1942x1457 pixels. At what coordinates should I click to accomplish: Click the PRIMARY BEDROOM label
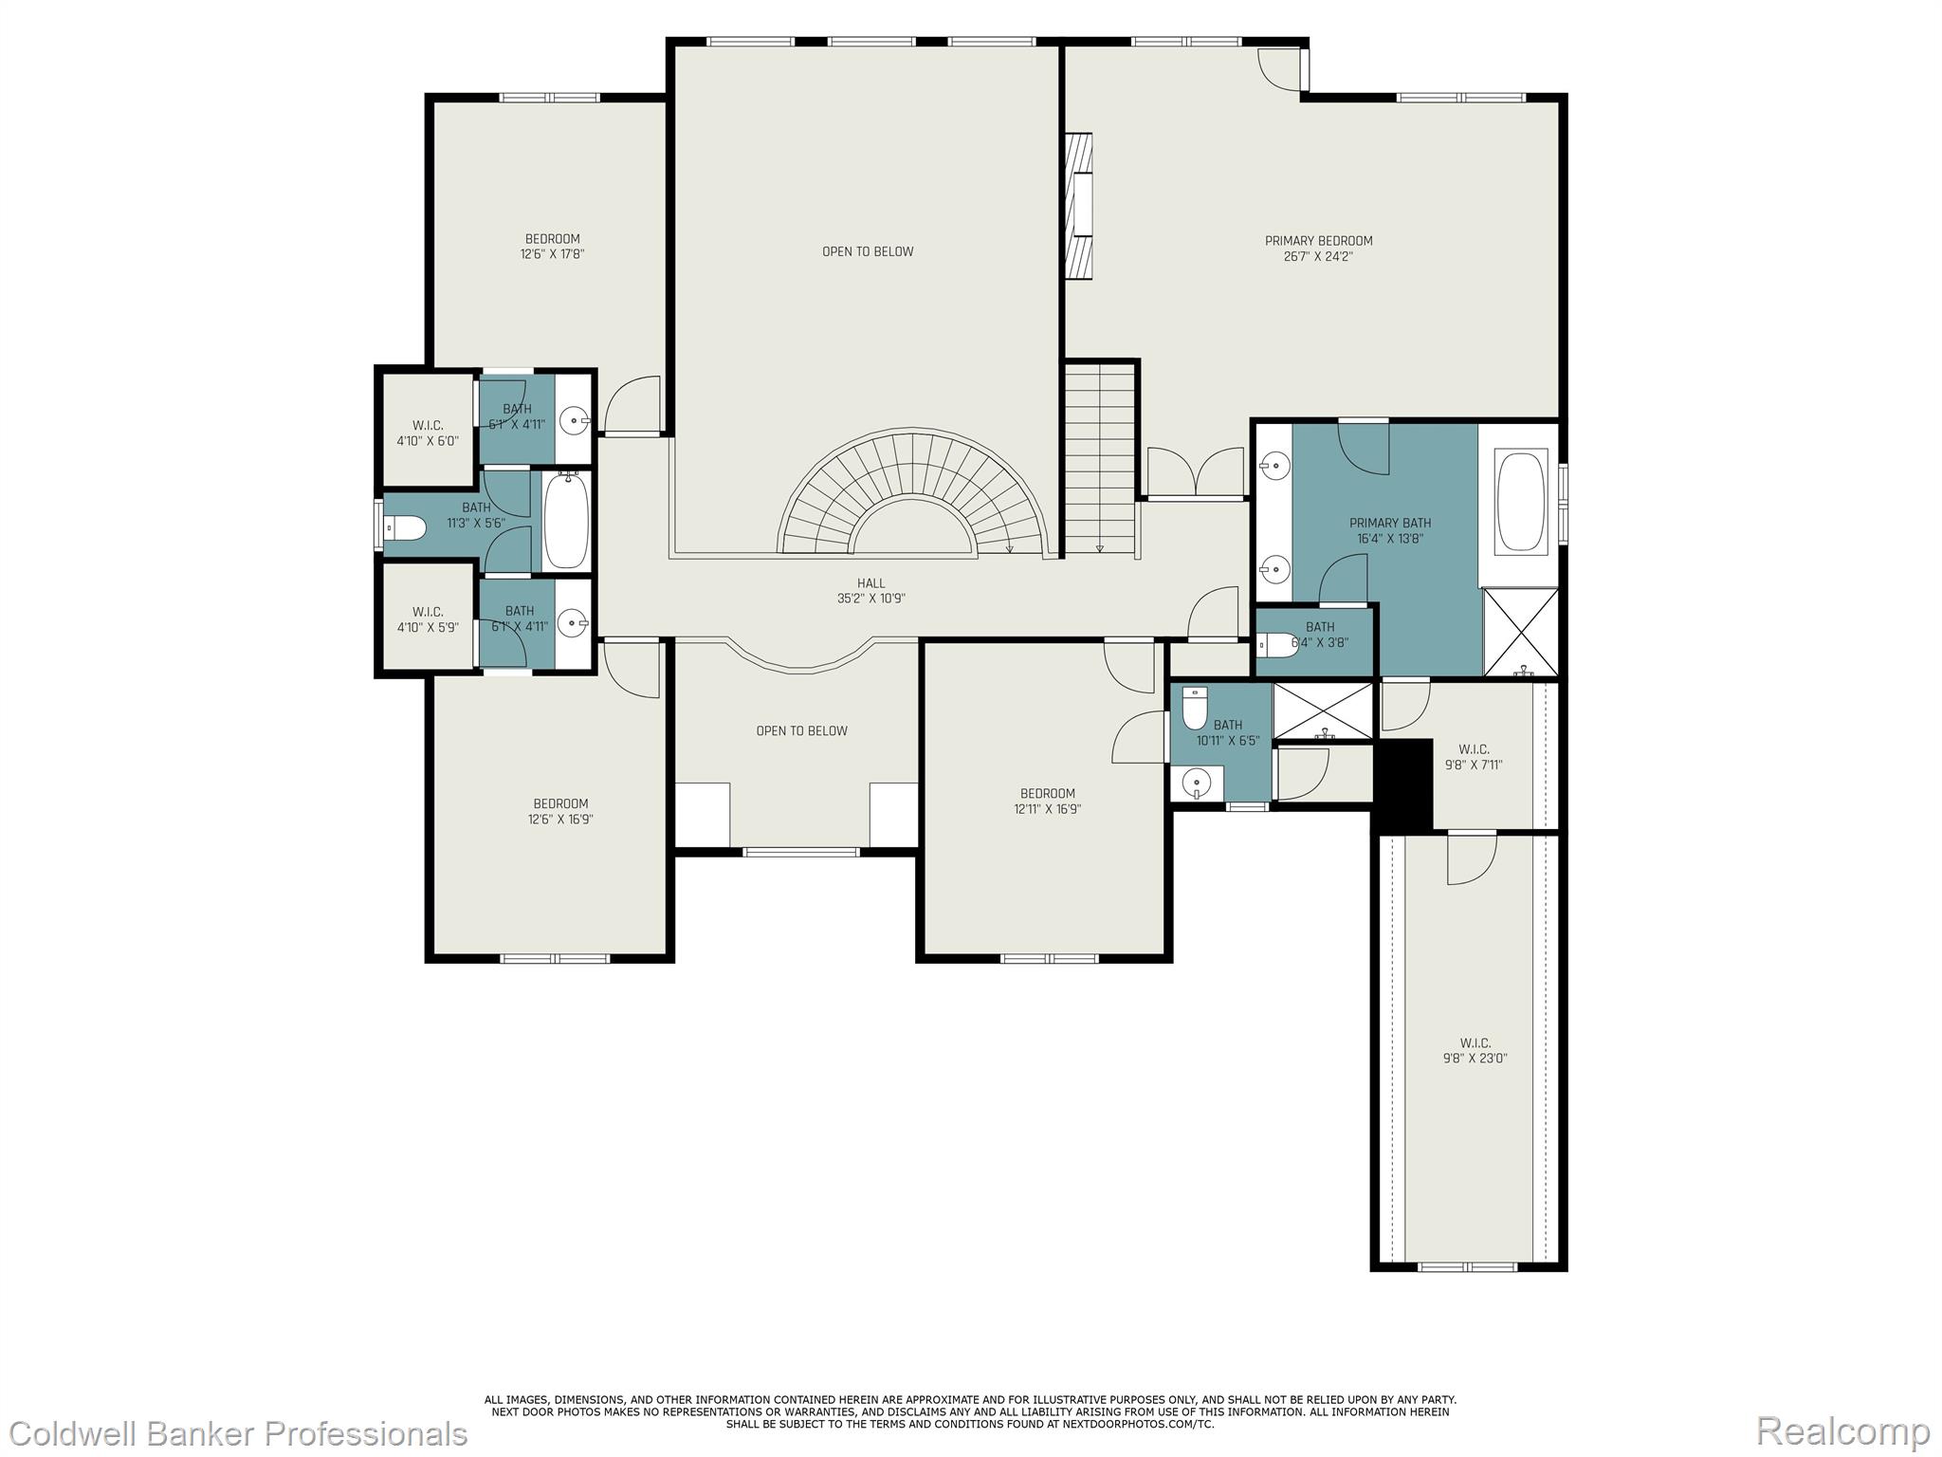tap(1318, 241)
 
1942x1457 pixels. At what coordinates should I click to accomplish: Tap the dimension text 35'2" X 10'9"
tap(870, 599)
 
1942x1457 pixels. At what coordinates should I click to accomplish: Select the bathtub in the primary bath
tap(1520, 503)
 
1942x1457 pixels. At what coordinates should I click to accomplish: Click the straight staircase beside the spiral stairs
tap(1099, 460)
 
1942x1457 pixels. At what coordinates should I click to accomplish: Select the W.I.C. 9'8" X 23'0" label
tap(1475, 1050)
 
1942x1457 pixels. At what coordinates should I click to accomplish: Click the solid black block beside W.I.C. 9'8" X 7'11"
tap(1402, 784)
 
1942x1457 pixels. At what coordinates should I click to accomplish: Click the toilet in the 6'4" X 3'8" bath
tap(1277, 645)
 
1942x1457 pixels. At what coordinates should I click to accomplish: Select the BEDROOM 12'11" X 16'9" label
tap(1047, 801)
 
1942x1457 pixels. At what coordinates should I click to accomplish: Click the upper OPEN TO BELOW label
tap(867, 251)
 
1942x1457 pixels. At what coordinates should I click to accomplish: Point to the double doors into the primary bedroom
tap(1195, 472)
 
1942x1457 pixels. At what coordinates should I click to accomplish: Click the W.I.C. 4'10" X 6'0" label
tap(427, 433)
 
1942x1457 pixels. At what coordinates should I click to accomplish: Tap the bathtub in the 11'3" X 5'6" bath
tap(567, 521)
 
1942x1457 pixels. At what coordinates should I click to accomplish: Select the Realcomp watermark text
tap(1842, 1430)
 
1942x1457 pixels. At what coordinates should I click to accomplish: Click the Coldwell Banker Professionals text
tap(234, 1433)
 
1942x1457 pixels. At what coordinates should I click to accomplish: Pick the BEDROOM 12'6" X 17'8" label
tap(552, 246)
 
